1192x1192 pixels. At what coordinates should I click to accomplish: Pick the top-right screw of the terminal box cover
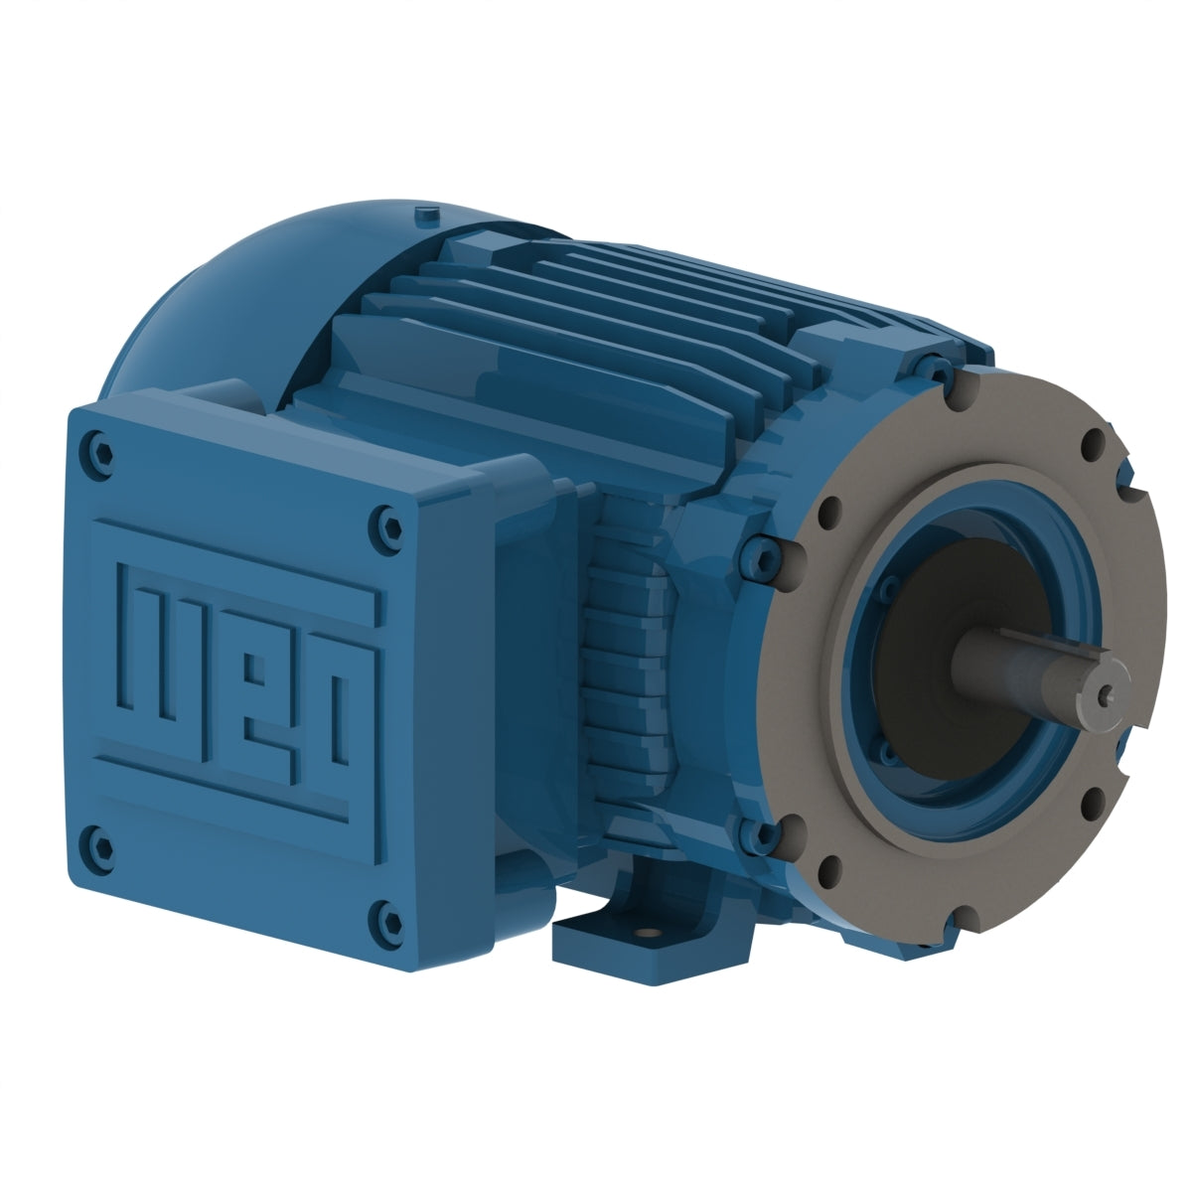tap(386, 518)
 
